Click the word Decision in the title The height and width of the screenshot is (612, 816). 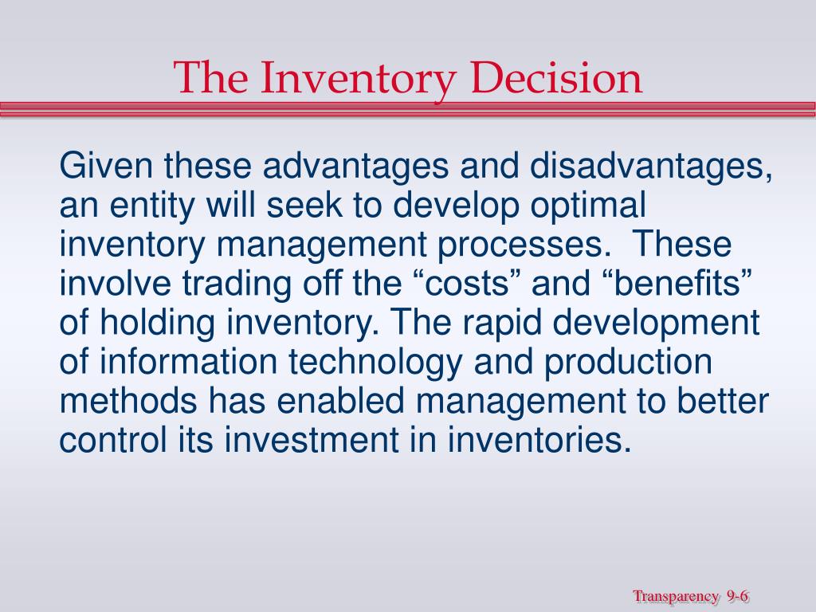pyautogui.click(x=556, y=77)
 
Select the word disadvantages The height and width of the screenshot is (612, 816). pyautogui.click(x=651, y=167)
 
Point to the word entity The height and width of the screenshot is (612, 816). pyautogui.click(x=152, y=205)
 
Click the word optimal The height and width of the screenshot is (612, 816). pyautogui.click(x=588, y=205)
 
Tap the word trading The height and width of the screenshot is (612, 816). pyautogui.click(x=237, y=284)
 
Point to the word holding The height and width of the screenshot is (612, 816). pyautogui.click(x=157, y=324)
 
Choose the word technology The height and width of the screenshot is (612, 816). pyautogui.click(x=375, y=363)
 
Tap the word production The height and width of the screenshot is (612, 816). pyautogui.click(x=628, y=363)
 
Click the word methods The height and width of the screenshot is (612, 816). pyautogui.click(x=128, y=401)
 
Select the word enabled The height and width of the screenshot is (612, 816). pyautogui.click(x=340, y=401)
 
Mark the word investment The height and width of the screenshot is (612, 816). pyautogui.click(x=312, y=440)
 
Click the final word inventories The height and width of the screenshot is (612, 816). pyautogui.click(x=539, y=440)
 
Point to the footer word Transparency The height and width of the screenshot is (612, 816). pyautogui.click(x=676, y=597)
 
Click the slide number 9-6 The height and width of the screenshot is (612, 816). pyautogui.click(x=737, y=595)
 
